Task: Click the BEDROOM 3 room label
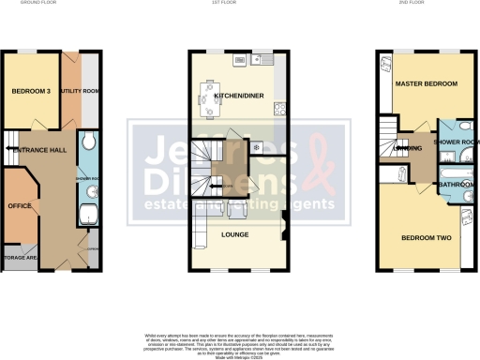click(30, 91)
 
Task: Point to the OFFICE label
click(20, 203)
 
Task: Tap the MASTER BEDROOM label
click(427, 84)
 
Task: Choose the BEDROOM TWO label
click(427, 238)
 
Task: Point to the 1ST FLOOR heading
click(235, 4)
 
